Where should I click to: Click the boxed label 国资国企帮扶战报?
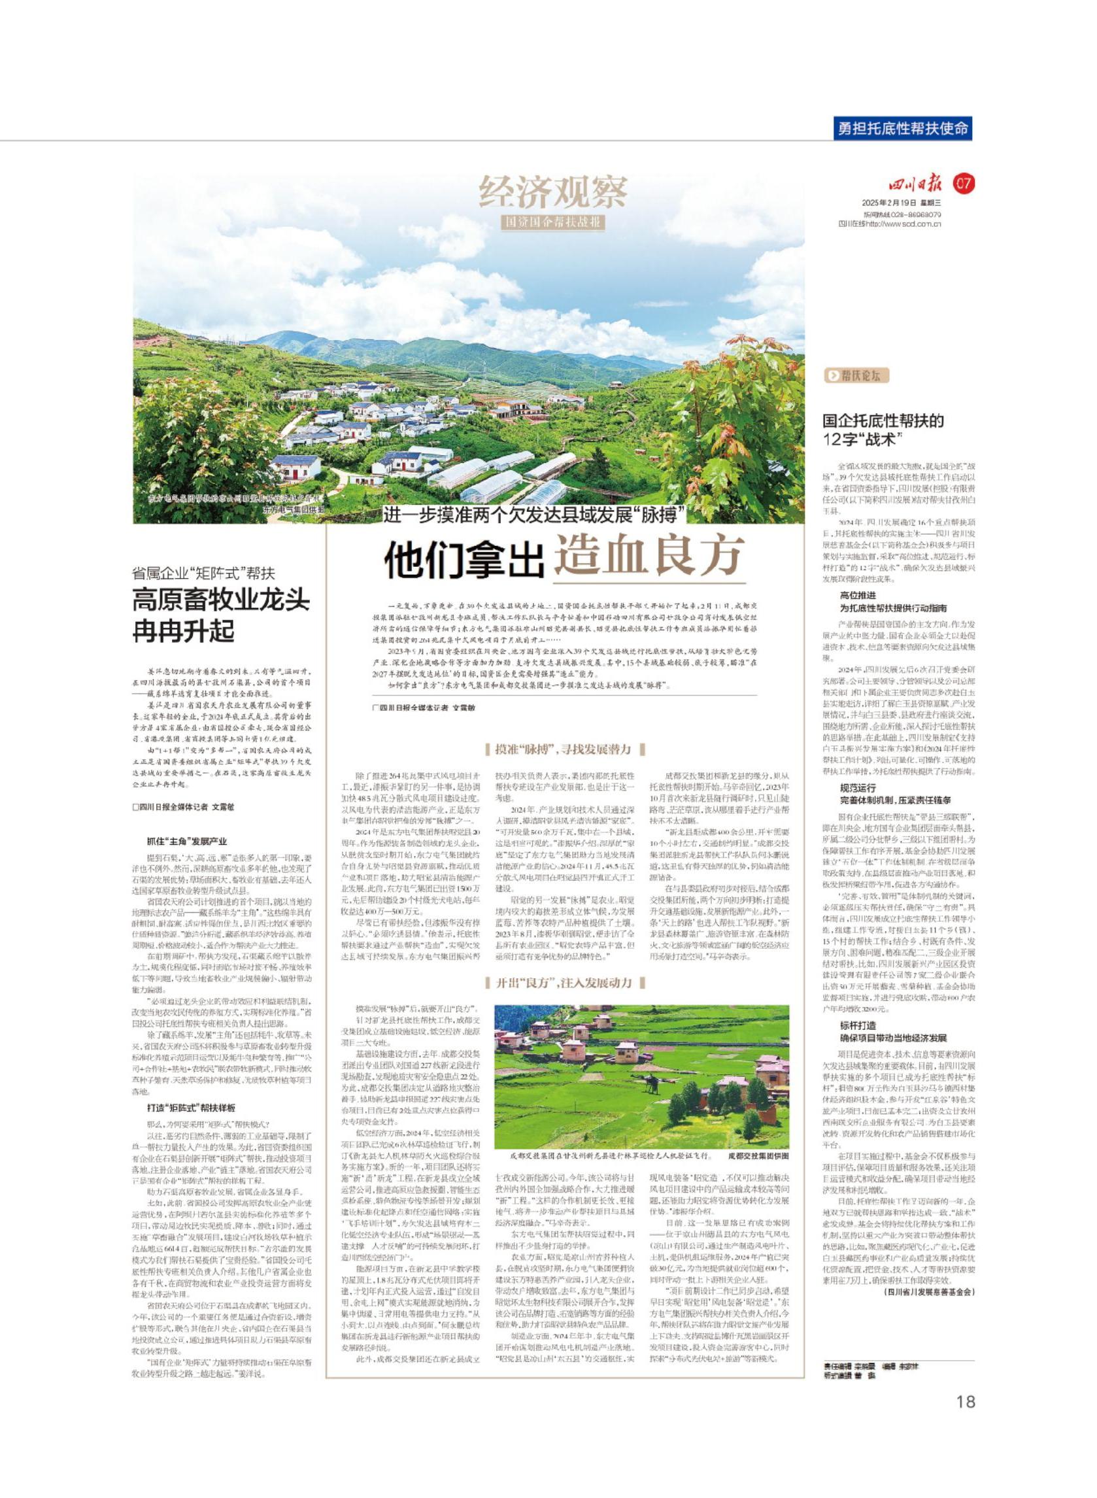(552, 222)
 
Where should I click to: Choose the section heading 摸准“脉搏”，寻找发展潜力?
(565, 750)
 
